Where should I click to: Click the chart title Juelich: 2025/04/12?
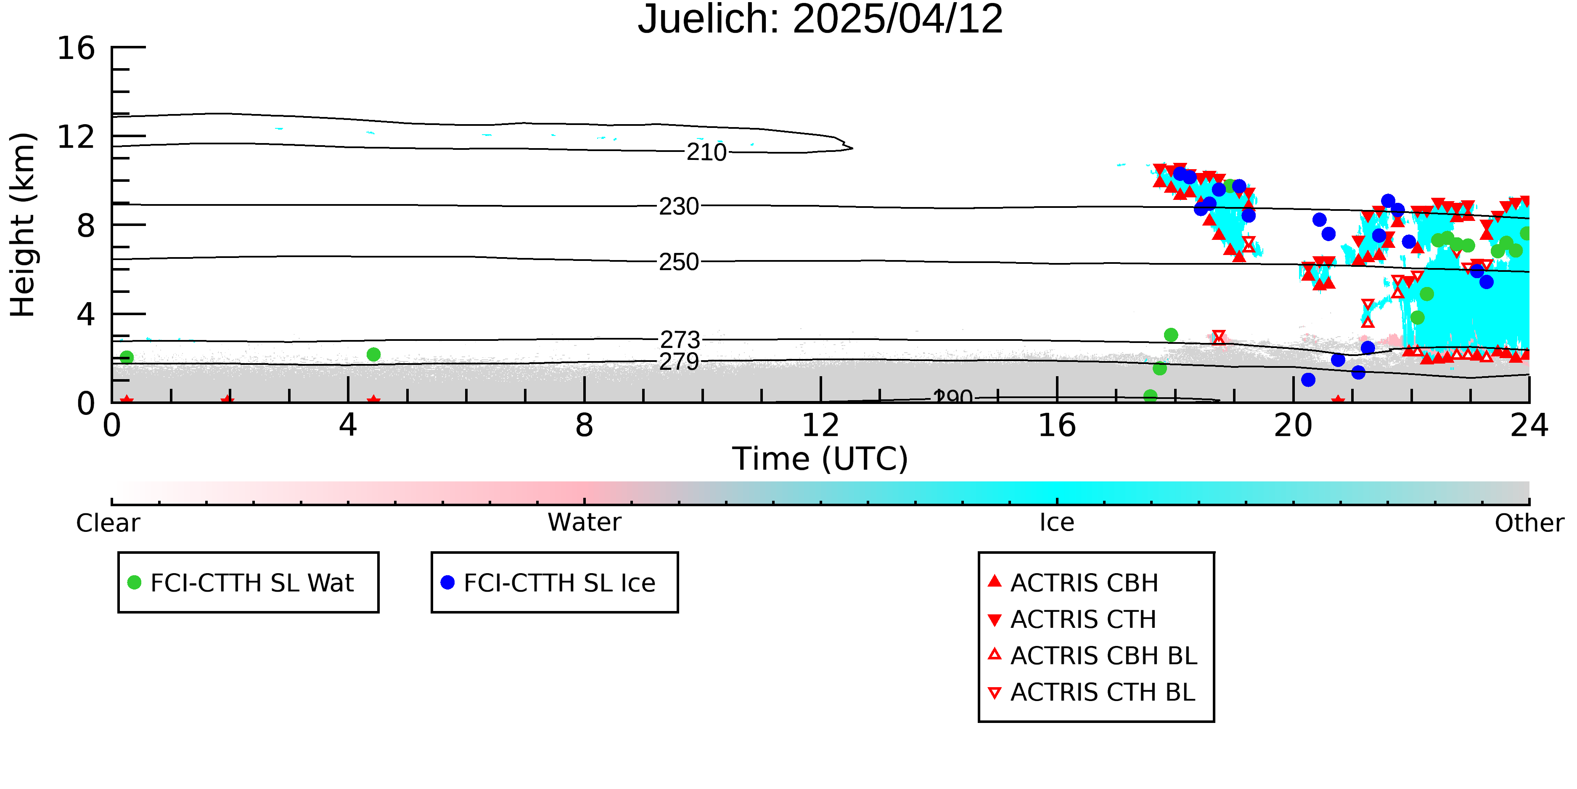pyautogui.click(x=820, y=20)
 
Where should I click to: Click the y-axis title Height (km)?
pyautogui.click(x=23, y=225)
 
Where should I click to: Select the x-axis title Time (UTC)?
pyautogui.click(x=820, y=459)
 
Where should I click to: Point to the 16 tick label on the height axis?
pyautogui.click(x=76, y=48)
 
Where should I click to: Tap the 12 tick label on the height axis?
pyautogui.click(x=76, y=137)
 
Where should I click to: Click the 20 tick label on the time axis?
pyautogui.click(x=1293, y=425)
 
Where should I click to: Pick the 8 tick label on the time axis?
pyautogui.click(x=585, y=425)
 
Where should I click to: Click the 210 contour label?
pyautogui.click(x=706, y=152)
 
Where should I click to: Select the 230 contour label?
pyautogui.click(x=679, y=207)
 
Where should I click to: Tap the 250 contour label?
pyautogui.click(x=679, y=262)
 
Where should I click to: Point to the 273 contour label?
pyautogui.click(x=680, y=339)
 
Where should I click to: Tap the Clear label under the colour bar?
pyautogui.click(x=108, y=523)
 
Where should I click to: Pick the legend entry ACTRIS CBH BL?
pyautogui.click(x=1093, y=656)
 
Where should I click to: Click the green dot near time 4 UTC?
pyautogui.click(x=373, y=354)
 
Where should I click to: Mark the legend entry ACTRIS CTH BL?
pyautogui.click(x=1092, y=692)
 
